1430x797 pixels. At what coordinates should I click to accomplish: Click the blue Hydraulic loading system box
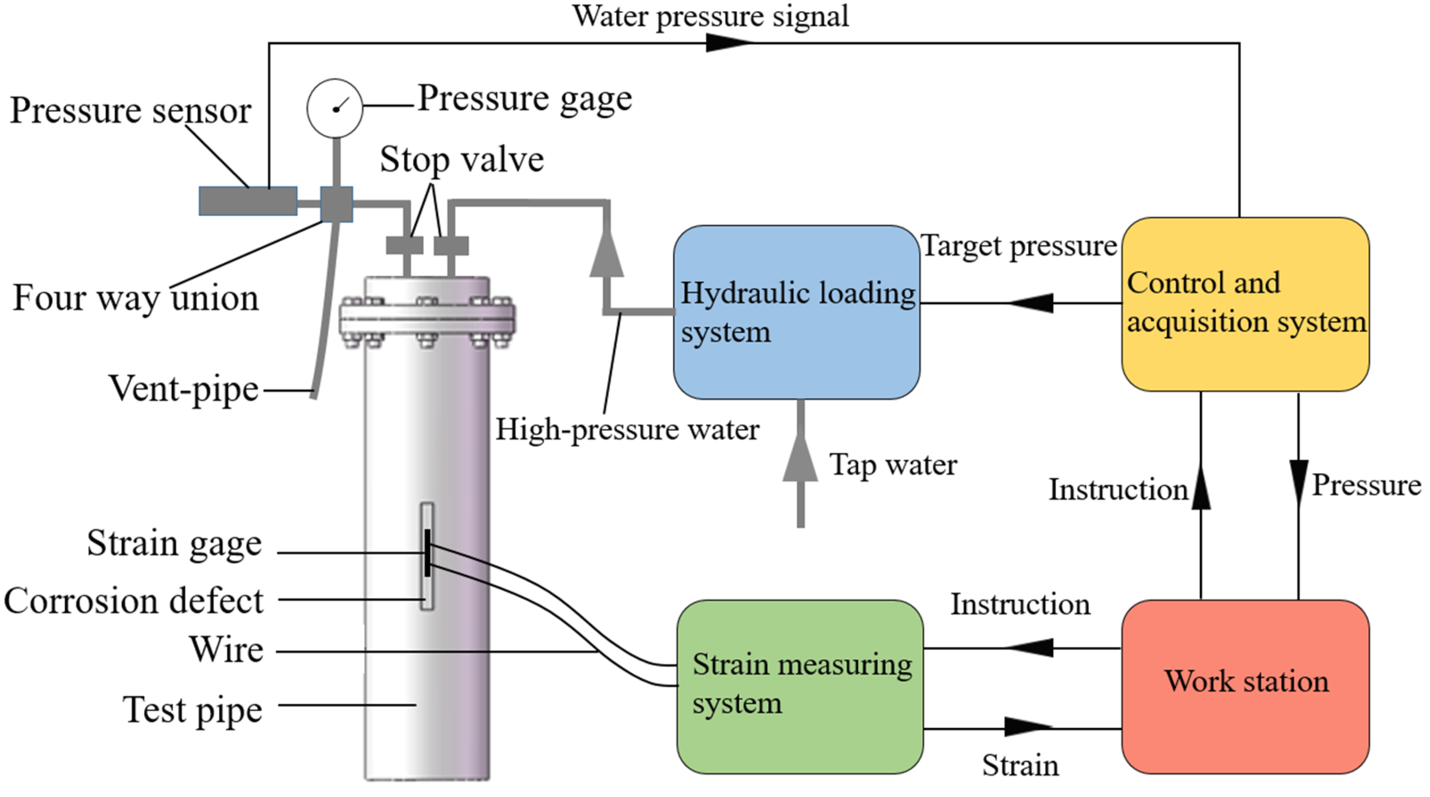796,312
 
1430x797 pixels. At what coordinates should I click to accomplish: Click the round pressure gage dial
335,108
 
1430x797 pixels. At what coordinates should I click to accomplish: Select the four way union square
336,204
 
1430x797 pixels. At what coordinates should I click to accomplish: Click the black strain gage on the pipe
427,553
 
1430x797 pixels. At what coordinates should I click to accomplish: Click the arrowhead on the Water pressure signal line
727,42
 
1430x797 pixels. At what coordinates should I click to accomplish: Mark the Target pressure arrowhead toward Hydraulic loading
1031,303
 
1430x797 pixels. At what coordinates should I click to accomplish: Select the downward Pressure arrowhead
1298,480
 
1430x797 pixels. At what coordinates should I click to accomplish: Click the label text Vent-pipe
184,389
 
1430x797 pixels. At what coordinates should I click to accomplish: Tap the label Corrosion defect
133,601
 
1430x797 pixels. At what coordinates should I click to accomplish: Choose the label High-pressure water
627,430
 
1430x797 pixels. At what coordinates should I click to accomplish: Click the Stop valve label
461,160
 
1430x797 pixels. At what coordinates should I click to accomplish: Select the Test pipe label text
192,710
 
